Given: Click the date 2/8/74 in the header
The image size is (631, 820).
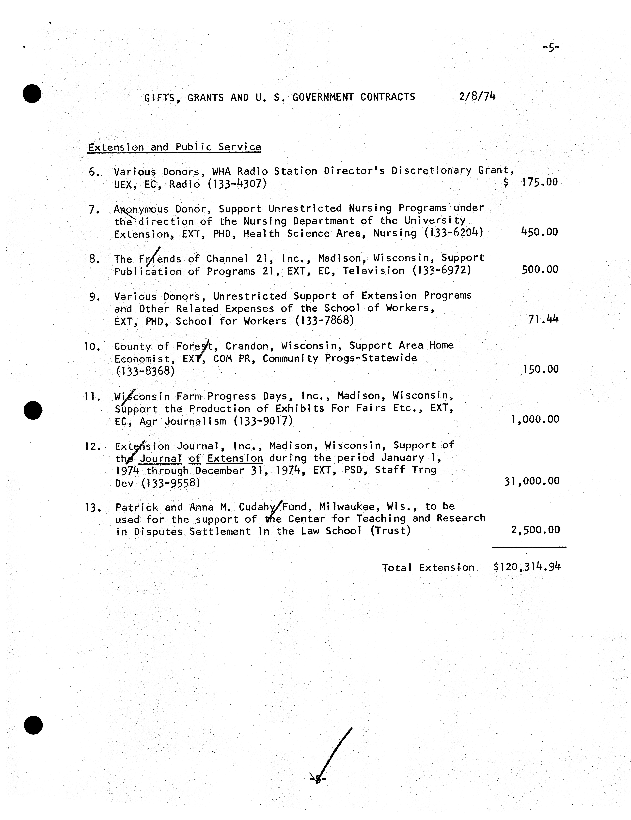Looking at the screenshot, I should click(477, 96).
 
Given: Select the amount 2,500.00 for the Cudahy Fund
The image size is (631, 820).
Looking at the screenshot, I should click(535, 530).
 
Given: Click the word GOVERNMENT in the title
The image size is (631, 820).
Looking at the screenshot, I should click(323, 97).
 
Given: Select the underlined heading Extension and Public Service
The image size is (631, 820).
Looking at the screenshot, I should click(175, 147).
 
